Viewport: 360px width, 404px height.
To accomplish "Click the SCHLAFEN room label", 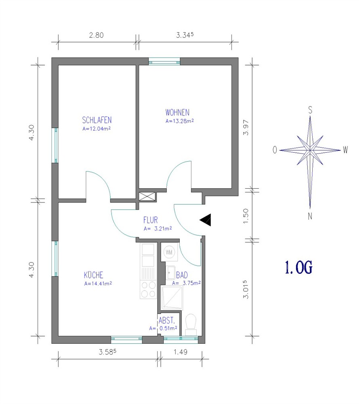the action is tap(97, 120).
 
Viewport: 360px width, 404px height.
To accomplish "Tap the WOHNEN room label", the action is tap(177, 113).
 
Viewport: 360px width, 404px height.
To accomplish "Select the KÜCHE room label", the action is tap(94, 275).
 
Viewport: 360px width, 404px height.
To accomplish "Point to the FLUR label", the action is tap(150, 220).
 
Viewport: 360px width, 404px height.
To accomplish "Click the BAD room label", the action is tap(182, 275).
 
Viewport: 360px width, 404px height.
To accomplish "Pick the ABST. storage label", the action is tap(167, 320).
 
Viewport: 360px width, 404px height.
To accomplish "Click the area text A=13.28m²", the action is tap(180, 121).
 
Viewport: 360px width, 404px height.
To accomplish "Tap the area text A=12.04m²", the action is tap(97, 128).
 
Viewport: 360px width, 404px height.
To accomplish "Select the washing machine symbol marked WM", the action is tap(169, 252).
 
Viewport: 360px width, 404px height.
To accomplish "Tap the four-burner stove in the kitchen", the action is tap(148, 289).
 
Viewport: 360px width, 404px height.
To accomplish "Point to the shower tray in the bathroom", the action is tap(172, 297).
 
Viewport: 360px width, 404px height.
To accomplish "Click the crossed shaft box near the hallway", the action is tap(147, 196).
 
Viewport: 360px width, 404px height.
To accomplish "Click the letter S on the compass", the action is tap(310, 110).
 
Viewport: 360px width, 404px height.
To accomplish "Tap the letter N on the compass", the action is tap(310, 216).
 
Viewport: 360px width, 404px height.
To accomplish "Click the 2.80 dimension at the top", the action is tap(97, 35).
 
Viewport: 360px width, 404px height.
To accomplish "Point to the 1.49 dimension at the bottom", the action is tap(180, 352).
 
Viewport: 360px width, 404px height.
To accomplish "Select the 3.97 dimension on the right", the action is tap(246, 127).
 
